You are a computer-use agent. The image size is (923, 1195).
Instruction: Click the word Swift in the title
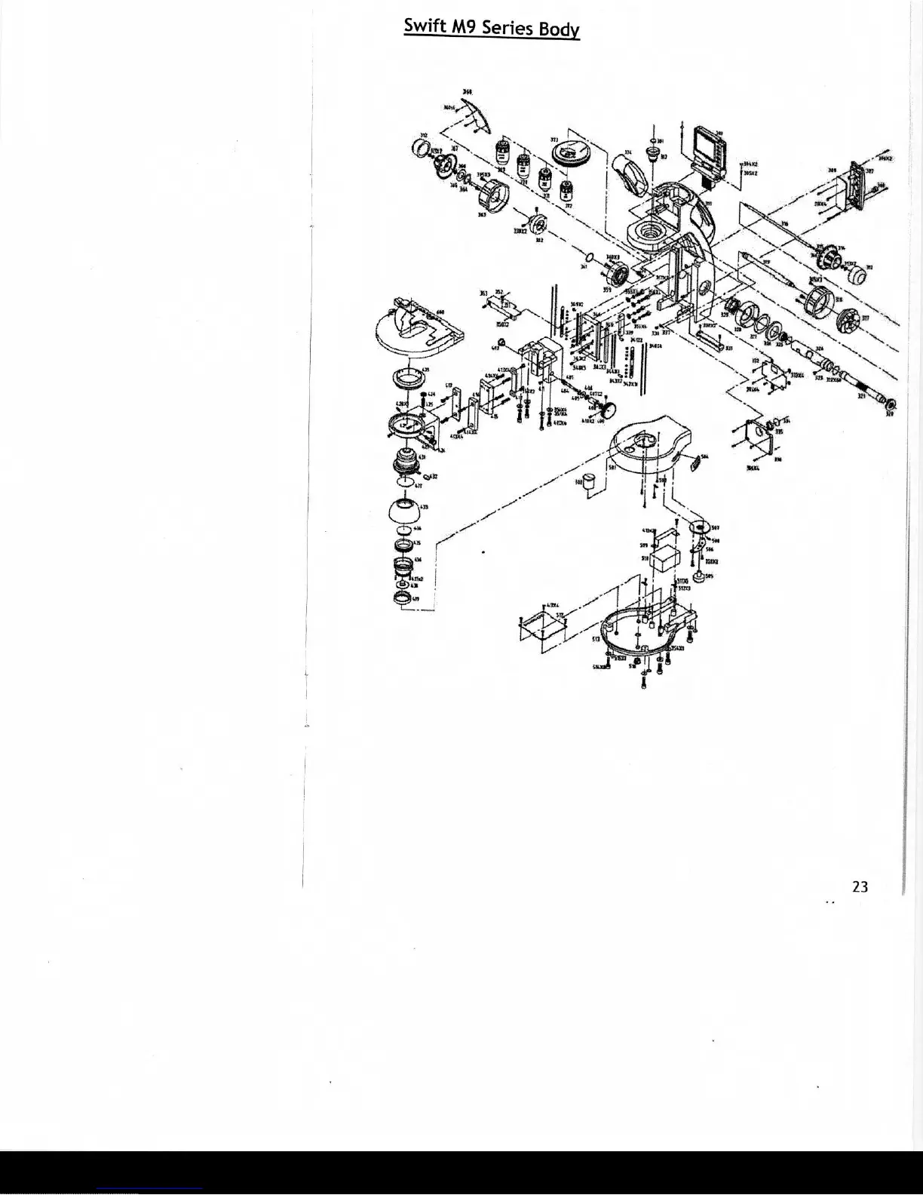[425, 26]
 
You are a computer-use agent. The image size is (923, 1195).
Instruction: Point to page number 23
[860, 887]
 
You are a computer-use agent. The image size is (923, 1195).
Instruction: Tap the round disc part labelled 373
[569, 154]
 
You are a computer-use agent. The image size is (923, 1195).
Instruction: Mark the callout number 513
[596, 639]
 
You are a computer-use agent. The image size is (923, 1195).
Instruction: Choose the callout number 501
[612, 468]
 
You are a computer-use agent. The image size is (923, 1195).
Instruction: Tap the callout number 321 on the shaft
[862, 394]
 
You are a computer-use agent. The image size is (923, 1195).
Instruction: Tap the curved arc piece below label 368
[478, 117]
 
